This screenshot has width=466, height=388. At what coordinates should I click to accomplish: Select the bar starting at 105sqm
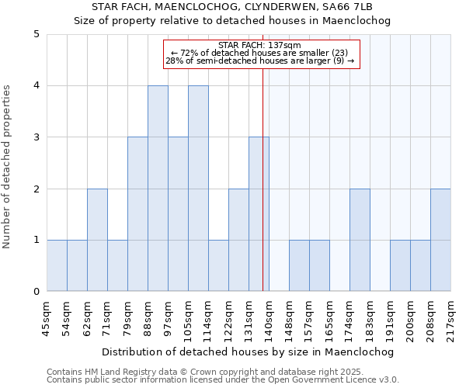[198, 189]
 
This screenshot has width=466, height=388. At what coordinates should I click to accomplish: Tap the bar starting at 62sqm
[97, 240]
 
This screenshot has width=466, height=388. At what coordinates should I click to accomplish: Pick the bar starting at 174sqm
[360, 240]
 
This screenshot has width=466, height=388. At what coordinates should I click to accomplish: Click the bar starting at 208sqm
[440, 240]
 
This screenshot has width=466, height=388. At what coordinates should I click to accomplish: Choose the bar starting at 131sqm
[259, 214]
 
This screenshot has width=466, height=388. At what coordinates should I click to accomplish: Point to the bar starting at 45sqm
[57, 265]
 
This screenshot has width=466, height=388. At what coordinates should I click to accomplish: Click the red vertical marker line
[263, 194]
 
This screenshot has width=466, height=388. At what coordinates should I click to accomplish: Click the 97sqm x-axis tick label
[168, 316]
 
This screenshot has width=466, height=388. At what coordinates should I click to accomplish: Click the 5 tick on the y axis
[36, 34]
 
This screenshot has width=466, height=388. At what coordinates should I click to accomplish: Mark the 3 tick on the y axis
[36, 137]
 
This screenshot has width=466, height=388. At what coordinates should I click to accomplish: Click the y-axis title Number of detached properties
[8, 167]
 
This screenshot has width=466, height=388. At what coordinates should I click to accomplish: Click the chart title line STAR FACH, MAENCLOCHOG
[232, 7]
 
